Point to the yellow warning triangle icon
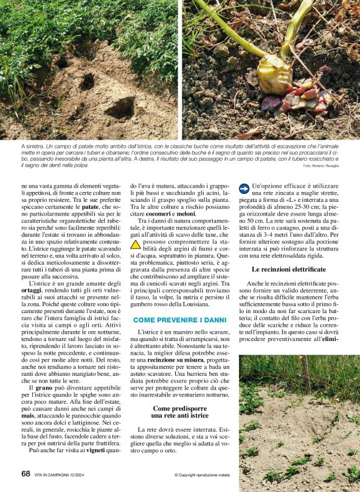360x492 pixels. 135,244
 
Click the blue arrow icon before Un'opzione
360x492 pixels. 245,186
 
